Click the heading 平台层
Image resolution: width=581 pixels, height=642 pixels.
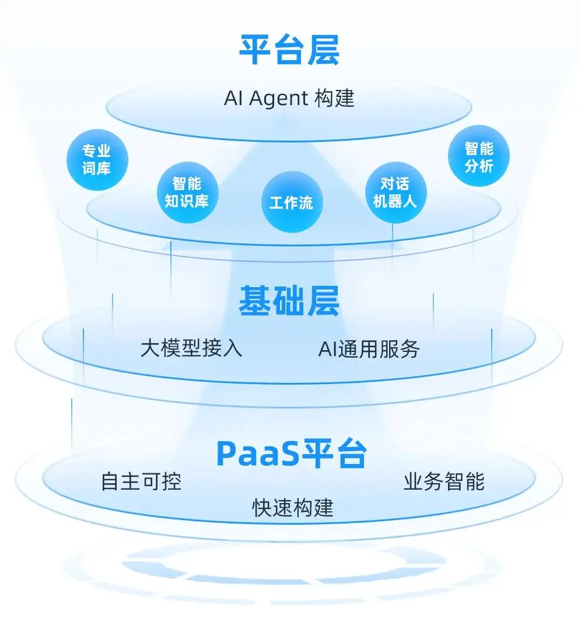pos(289,50)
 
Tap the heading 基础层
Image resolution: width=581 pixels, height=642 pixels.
pos(289,302)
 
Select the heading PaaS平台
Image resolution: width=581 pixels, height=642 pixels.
pos(292,453)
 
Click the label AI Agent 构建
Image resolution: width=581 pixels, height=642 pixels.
pos(289,99)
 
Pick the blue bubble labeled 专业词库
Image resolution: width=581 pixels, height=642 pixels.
pos(97,160)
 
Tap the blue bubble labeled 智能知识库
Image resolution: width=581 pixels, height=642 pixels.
pos(187,193)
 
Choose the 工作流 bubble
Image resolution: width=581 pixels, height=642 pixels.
pos(291,203)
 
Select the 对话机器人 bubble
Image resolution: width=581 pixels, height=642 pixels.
pos(395,193)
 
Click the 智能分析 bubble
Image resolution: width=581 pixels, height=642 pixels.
pos(479,157)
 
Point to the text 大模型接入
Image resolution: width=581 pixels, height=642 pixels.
pos(191,348)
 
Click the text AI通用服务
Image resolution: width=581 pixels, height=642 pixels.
pos(369,348)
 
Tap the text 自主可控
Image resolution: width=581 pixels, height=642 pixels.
pos(141,481)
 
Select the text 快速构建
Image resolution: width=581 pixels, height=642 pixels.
pos(292,507)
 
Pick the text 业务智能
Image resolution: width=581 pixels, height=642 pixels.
pos(444,481)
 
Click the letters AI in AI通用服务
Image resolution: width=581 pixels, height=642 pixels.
pos(326,348)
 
